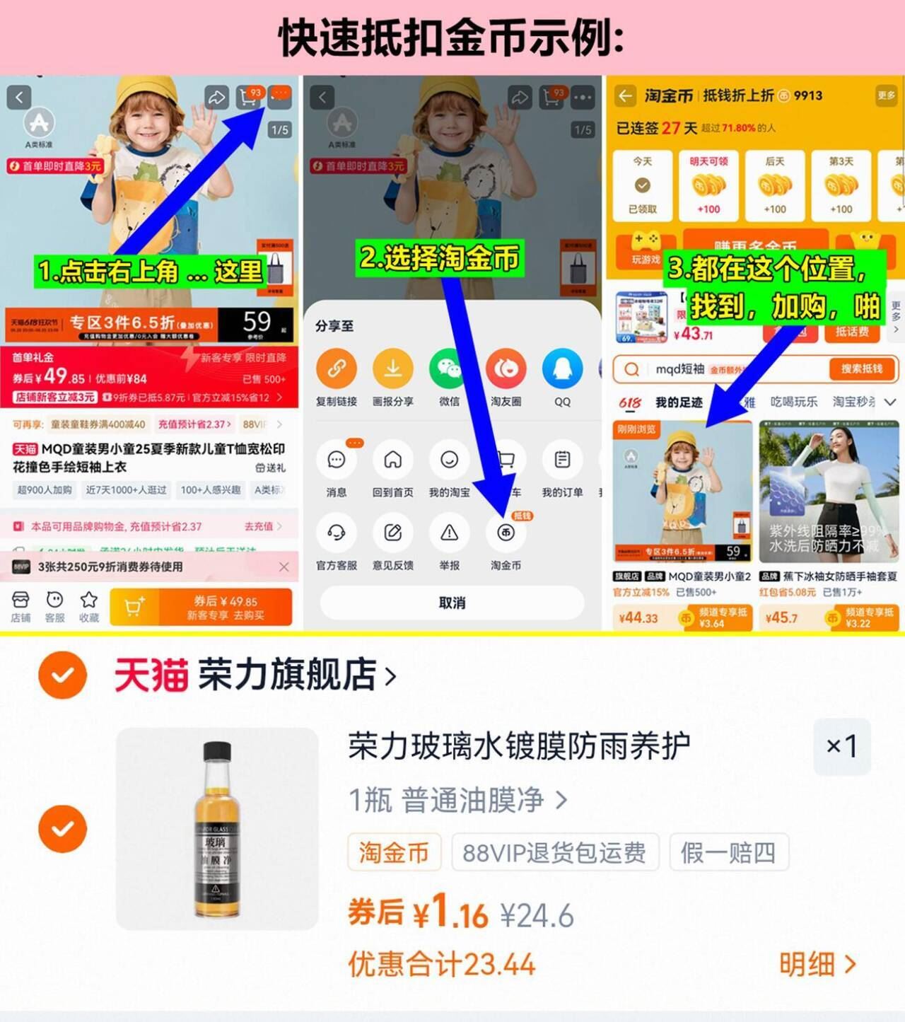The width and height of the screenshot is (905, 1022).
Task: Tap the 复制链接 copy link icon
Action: click(x=337, y=369)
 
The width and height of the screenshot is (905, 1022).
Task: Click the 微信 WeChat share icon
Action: click(x=449, y=369)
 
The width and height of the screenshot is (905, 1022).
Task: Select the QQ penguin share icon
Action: click(x=562, y=369)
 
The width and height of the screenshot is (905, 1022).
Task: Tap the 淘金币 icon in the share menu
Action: click(x=506, y=533)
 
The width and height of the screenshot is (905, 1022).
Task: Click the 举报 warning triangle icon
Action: click(x=449, y=533)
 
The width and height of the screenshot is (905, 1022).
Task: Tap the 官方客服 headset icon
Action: click(x=337, y=533)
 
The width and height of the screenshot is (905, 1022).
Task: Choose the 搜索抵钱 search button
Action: click(x=861, y=368)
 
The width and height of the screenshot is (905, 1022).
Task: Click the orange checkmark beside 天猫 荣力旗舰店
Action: click(x=63, y=675)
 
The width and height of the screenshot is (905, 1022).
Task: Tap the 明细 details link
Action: click(x=817, y=964)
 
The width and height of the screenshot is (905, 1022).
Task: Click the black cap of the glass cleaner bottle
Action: click(x=217, y=750)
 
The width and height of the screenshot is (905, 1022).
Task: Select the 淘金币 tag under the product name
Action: click(x=394, y=852)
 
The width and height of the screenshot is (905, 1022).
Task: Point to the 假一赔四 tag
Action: click(x=728, y=852)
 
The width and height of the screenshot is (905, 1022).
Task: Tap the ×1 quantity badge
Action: click(x=841, y=746)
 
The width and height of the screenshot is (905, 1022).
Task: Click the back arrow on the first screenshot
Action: click(x=19, y=97)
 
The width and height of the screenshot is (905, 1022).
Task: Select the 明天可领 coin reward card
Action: click(x=708, y=185)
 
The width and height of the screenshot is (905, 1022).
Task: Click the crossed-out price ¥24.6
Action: click(x=537, y=916)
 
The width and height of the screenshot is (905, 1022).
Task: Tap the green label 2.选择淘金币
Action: click(x=440, y=257)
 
